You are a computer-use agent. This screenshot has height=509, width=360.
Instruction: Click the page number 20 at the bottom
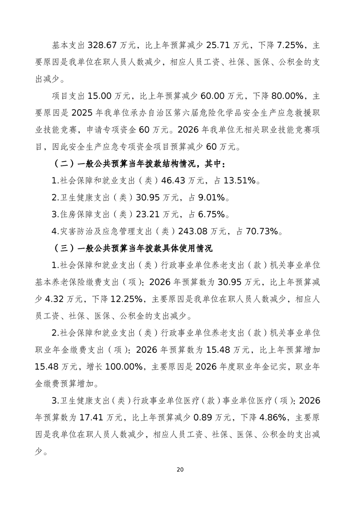pos(180,470)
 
